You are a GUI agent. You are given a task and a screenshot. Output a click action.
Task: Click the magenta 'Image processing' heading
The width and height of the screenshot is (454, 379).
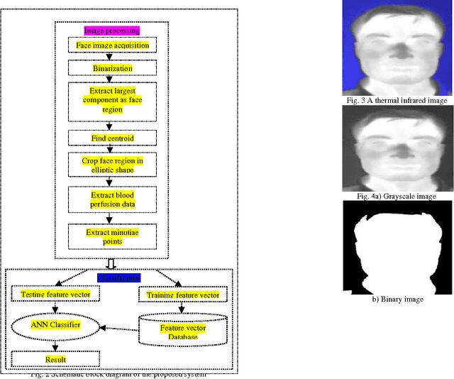click(x=112, y=31)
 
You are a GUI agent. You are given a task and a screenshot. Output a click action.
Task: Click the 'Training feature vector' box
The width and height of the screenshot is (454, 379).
click(x=183, y=295)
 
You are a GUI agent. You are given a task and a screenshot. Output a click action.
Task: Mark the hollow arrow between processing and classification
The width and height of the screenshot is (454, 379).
click(x=112, y=263)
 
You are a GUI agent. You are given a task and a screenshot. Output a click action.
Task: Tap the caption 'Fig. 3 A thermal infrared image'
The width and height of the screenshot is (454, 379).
click(x=392, y=101)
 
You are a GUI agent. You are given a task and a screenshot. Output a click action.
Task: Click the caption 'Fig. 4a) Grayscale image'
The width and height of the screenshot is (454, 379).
click(x=392, y=196)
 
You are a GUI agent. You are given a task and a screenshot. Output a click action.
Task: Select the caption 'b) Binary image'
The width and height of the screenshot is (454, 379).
click(x=392, y=300)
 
